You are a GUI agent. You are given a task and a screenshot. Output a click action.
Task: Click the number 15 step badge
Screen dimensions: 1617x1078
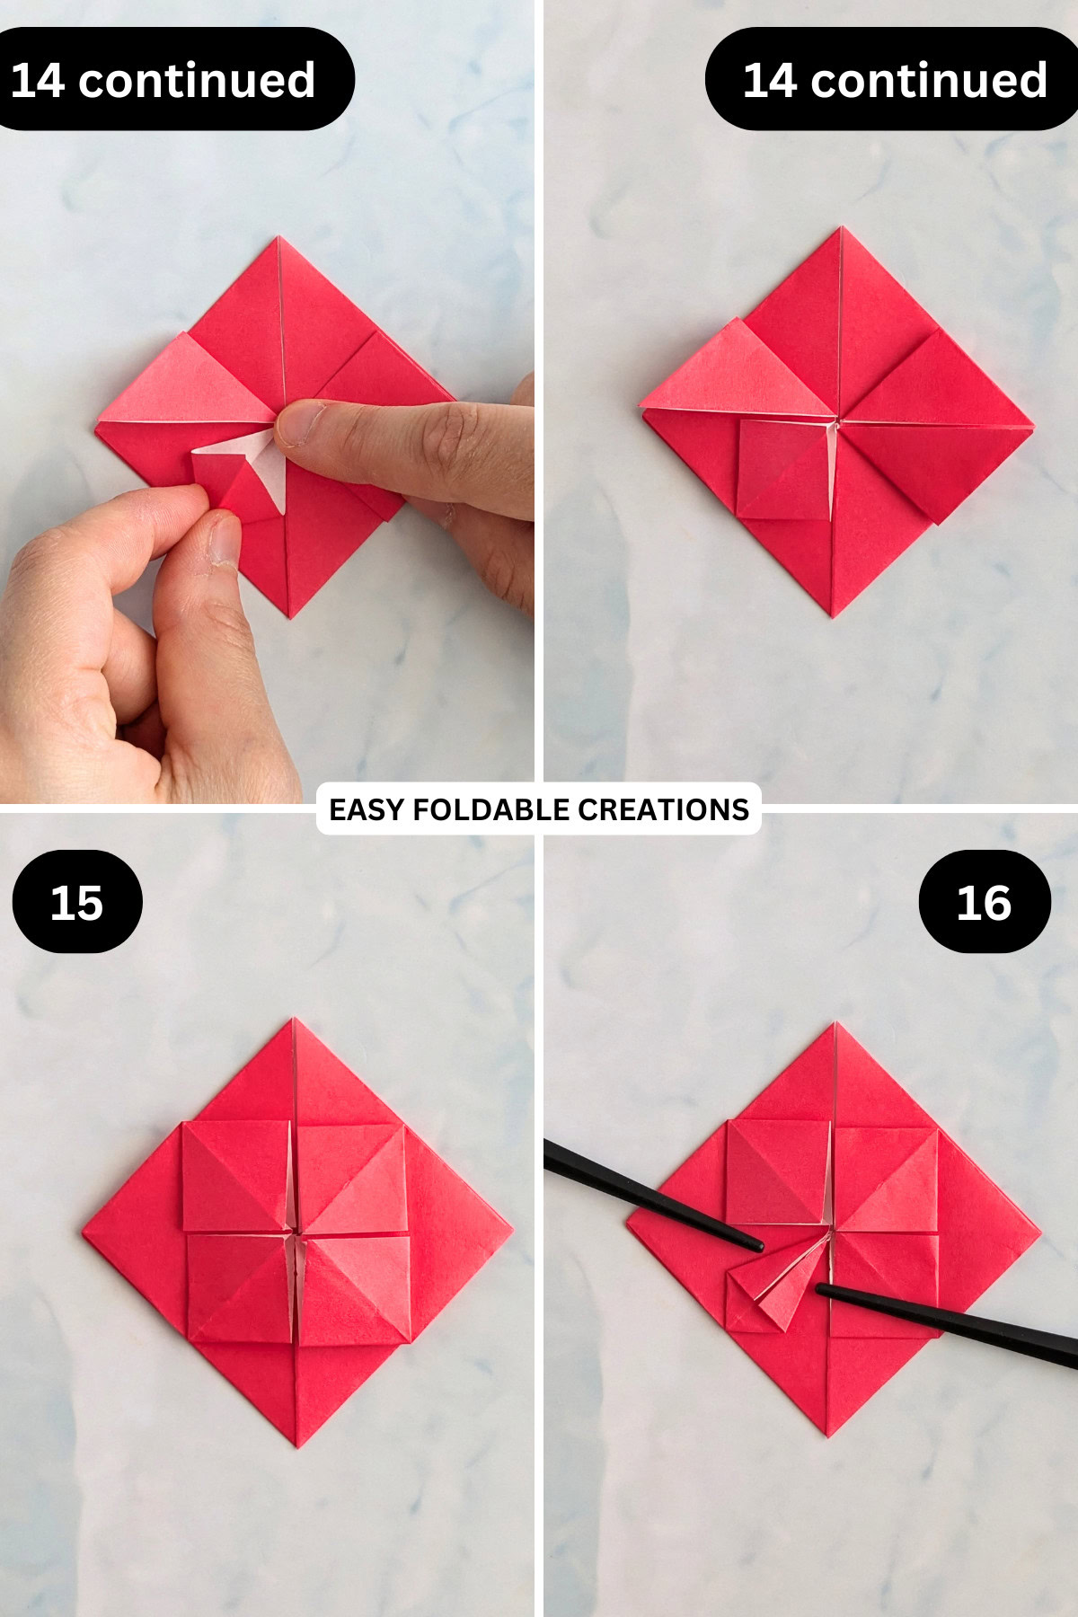(77, 902)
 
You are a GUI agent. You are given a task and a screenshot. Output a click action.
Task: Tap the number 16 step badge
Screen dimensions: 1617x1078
(985, 902)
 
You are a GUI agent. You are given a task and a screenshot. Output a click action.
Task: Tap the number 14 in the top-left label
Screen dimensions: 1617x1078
(38, 80)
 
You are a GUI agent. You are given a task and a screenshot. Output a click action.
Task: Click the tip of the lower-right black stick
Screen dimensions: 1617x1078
(820, 1290)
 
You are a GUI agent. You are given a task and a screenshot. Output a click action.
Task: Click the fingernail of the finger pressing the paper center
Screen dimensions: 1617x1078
(299, 422)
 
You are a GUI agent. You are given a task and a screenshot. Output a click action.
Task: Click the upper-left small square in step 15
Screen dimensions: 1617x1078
(235, 1175)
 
